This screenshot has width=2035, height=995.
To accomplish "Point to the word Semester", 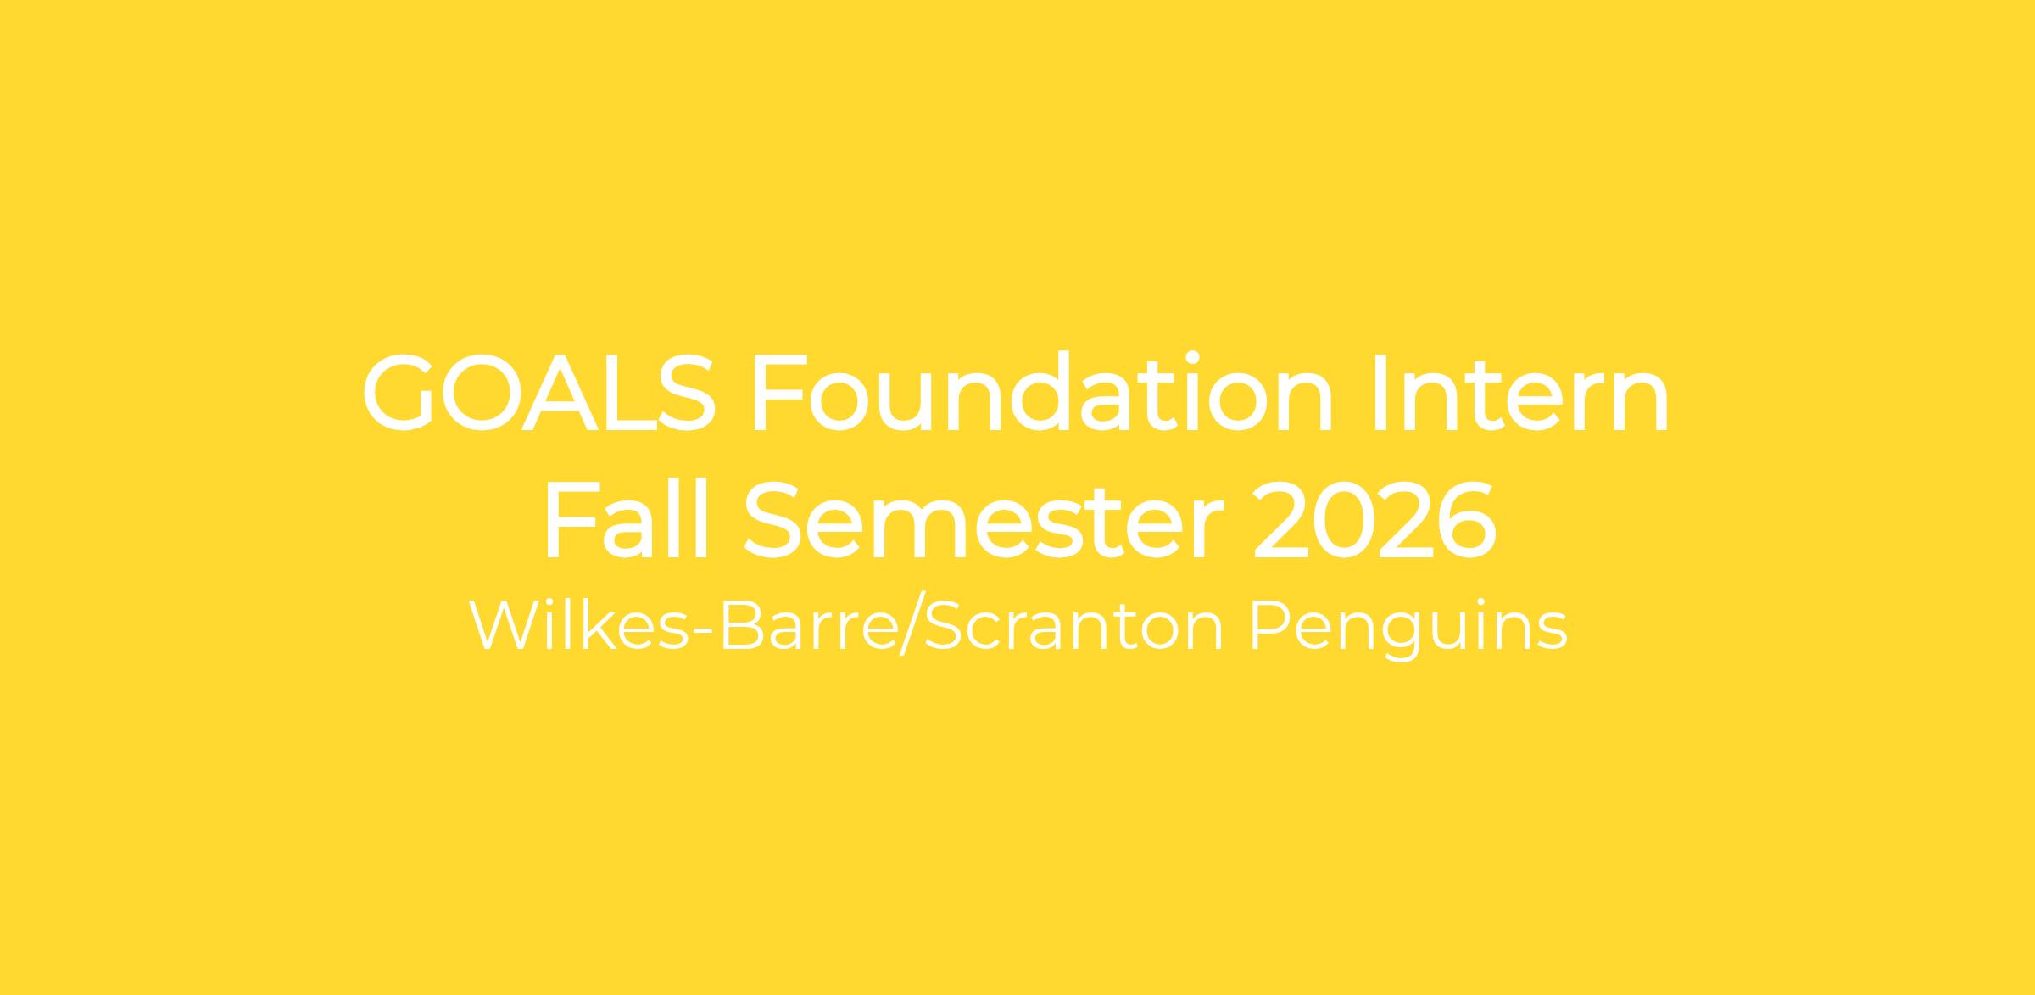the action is [x=984, y=521].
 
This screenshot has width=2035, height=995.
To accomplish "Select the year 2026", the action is [x=1374, y=521].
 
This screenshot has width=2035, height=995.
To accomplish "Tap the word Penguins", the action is [x=1409, y=629].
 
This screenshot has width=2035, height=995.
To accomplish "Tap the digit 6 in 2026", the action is [x=1467, y=521].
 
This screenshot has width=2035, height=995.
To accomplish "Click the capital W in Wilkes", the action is [x=507, y=627].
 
